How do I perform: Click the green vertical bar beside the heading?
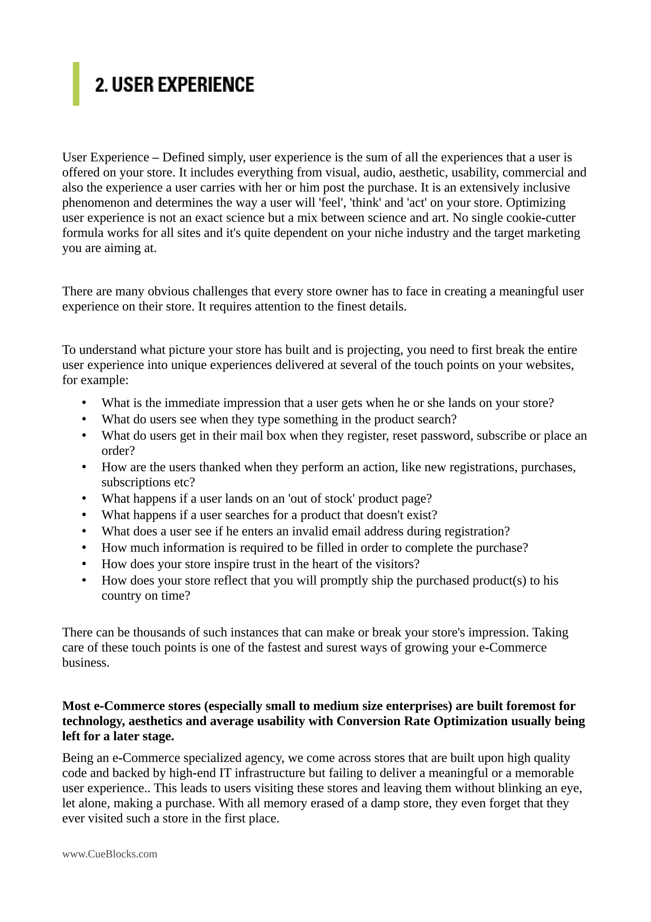(x=76, y=84)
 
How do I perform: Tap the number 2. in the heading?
(x=101, y=85)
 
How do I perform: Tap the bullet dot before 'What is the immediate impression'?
(x=84, y=403)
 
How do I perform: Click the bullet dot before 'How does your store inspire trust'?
(x=84, y=564)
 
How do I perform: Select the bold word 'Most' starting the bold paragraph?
(x=76, y=706)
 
